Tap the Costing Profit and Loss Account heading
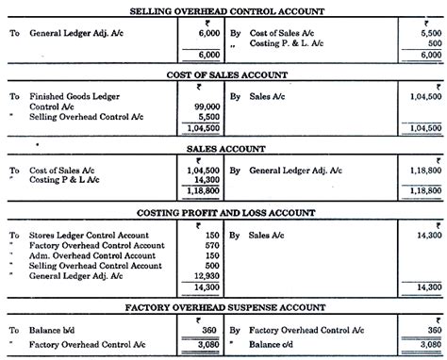(223, 214)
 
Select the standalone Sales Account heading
(223, 148)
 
